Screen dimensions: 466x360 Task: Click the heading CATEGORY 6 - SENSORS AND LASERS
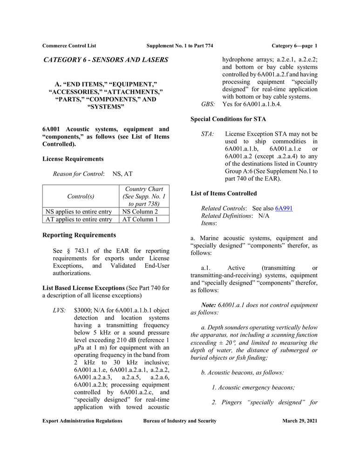click(106, 60)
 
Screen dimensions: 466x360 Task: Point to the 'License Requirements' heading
click(73, 159)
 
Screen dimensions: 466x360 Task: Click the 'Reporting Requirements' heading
click(79, 235)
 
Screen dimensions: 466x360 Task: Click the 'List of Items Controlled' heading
click(224, 193)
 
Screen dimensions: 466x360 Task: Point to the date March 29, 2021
click(299, 421)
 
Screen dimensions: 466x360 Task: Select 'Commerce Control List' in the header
click(69, 46)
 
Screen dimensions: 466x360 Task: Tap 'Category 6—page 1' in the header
click(294, 46)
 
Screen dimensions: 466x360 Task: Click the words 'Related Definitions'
click(226, 216)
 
